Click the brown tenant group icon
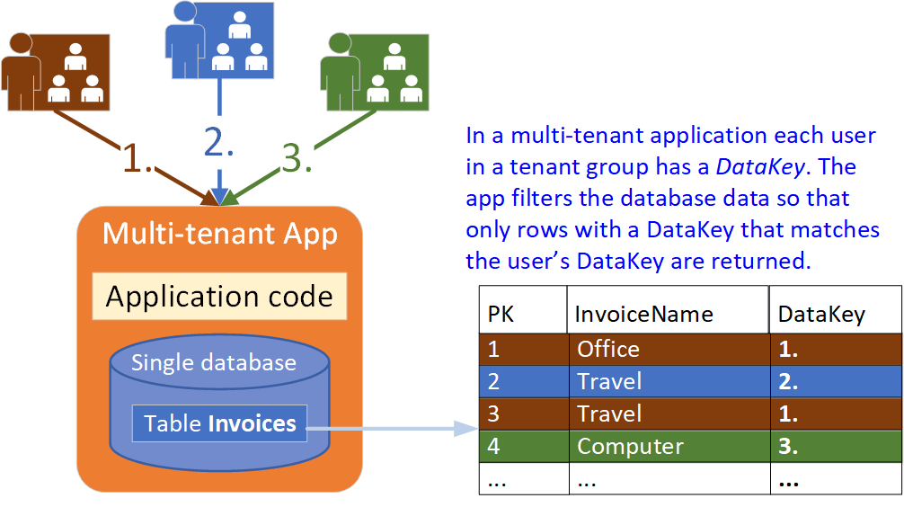pyautogui.click(x=56, y=72)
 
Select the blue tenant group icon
pyautogui.click(x=220, y=40)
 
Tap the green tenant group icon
pyautogui.click(x=372, y=73)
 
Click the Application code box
pyautogui.click(x=219, y=297)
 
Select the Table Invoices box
pyautogui.click(x=220, y=423)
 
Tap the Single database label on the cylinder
pyautogui.click(x=214, y=362)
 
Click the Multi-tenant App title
pyautogui.click(x=220, y=234)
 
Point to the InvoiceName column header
pyautogui.click(x=644, y=314)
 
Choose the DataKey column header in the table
pyautogui.click(x=821, y=314)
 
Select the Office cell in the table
pyautogui.click(x=608, y=349)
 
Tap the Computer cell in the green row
pyautogui.click(x=630, y=446)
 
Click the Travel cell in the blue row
pyautogui.click(x=609, y=381)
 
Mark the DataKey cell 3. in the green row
pyautogui.click(x=788, y=446)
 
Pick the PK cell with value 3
pyautogui.click(x=493, y=414)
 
